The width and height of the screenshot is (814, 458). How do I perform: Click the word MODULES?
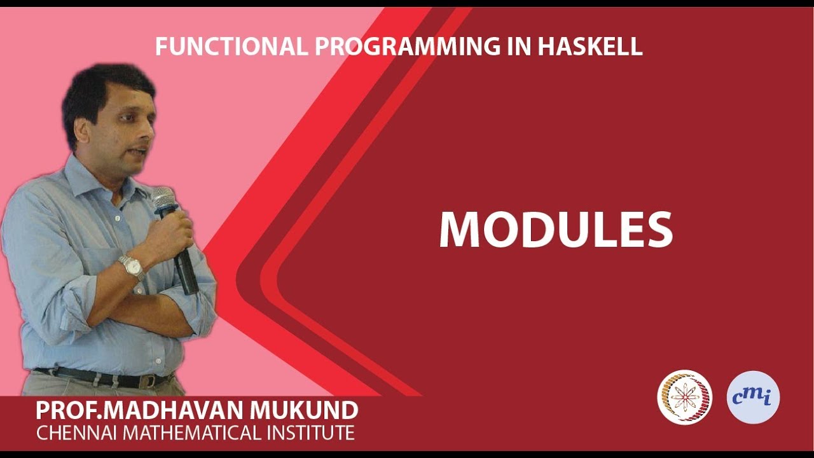point(556,230)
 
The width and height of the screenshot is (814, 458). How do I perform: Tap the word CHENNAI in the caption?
point(77,433)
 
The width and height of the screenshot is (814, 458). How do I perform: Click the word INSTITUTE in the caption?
point(310,433)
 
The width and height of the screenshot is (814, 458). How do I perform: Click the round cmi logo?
point(753,398)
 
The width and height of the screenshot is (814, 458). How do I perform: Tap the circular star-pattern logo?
point(684,398)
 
